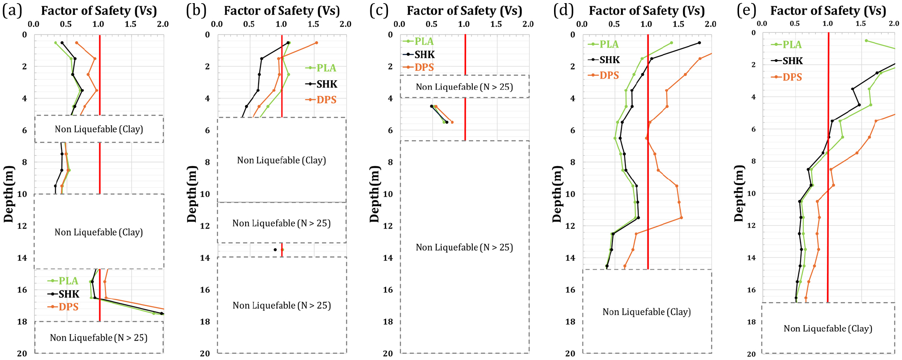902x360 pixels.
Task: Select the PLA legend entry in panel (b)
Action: (321, 68)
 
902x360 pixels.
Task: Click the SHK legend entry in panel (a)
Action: (63, 294)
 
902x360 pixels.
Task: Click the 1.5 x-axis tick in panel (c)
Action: (496, 24)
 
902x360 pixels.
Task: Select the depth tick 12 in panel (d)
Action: (570, 226)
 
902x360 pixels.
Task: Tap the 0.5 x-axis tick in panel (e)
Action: (795, 23)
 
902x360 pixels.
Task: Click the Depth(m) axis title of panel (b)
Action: (192, 194)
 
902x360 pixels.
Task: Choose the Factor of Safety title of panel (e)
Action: (828, 11)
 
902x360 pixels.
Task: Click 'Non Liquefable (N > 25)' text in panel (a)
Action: (99, 338)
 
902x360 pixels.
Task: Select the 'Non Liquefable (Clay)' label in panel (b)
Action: (282, 161)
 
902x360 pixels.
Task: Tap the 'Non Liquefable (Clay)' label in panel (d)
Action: (647, 312)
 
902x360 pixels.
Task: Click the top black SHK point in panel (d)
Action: (699, 43)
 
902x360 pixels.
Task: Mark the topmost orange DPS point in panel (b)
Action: (317, 43)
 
